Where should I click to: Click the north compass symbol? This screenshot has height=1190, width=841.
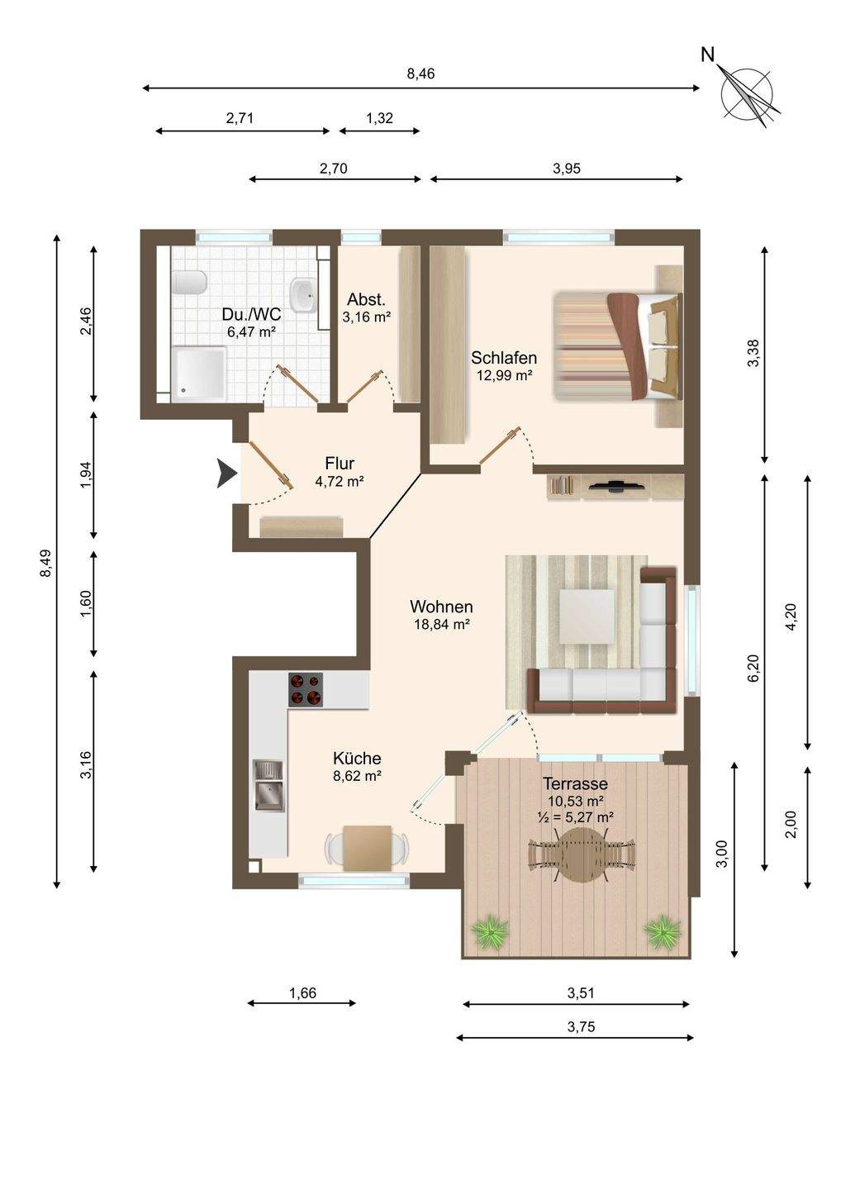click(x=746, y=90)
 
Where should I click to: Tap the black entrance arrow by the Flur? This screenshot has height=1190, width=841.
click(x=226, y=474)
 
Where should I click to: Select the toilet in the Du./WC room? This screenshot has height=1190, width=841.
click(x=188, y=282)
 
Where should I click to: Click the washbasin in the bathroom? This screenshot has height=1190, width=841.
click(x=302, y=290)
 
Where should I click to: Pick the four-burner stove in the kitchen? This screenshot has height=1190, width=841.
click(x=306, y=689)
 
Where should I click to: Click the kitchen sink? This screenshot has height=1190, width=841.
click(x=268, y=785)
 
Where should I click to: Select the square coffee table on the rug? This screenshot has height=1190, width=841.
click(x=587, y=616)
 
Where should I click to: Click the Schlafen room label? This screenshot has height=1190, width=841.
click(x=504, y=358)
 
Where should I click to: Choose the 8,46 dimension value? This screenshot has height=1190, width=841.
click(x=420, y=74)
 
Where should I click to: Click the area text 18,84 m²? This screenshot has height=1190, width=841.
click(x=442, y=624)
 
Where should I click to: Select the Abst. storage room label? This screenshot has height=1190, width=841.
click(x=366, y=300)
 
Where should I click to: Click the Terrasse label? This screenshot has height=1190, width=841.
click(x=576, y=783)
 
